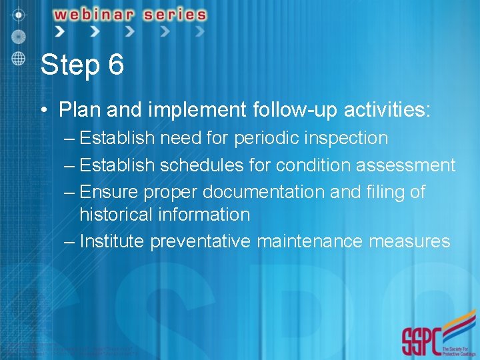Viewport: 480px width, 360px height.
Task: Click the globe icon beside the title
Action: click(19, 57)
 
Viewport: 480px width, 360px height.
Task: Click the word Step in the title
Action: click(68, 65)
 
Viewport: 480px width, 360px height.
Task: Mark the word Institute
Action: click(111, 241)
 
